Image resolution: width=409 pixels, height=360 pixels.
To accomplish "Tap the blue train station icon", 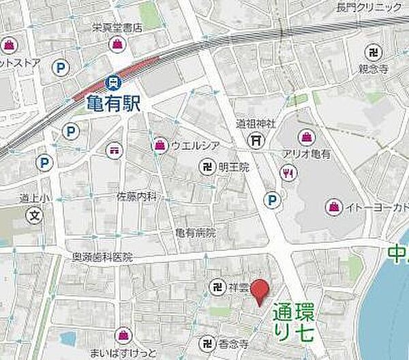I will click(x=112, y=83).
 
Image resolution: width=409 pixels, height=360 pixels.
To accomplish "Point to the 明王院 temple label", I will click(x=234, y=166).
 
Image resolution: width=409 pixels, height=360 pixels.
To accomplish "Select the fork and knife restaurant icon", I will click(x=289, y=173).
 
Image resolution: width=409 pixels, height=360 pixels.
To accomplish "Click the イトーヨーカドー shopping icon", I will click(x=333, y=206).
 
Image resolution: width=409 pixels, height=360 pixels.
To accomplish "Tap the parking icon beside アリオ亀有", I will click(x=273, y=200).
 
